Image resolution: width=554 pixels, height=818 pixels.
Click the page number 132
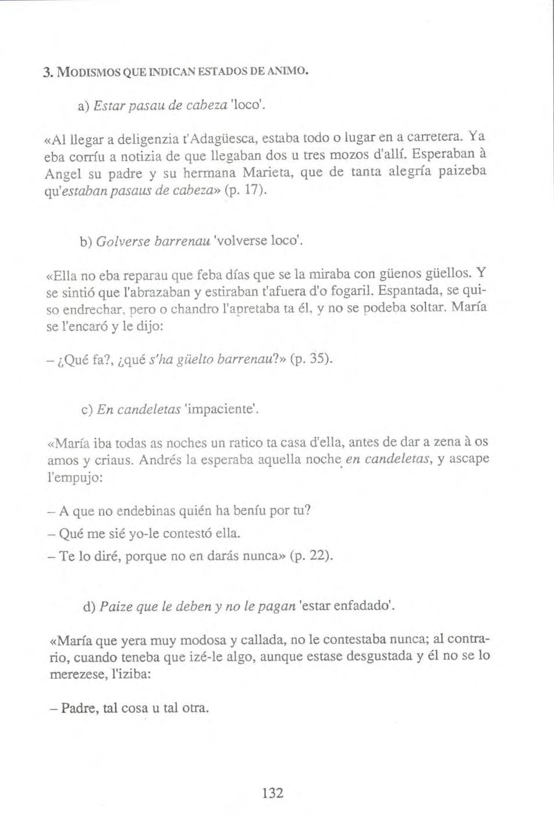click(x=272, y=792)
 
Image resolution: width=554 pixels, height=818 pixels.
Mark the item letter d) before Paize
click(x=89, y=607)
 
